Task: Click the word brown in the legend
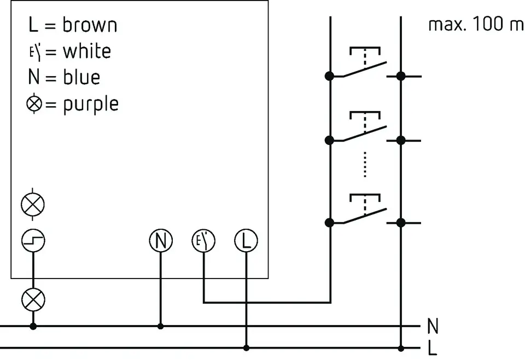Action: (x=90, y=25)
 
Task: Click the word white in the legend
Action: (x=86, y=51)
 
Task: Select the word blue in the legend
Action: (x=81, y=77)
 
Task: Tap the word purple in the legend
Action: (x=91, y=103)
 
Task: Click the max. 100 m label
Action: (x=475, y=25)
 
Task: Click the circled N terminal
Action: (x=160, y=241)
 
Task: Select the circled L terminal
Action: (x=246, y=241)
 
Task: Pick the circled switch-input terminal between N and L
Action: (x=203, y=241)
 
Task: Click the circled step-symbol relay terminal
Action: (x=33, y=241)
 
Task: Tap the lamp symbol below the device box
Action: (x=33, y=299)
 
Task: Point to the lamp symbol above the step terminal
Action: (x=33, y=205)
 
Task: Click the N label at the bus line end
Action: (x=433, y=327)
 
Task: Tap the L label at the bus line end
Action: (x=433, y=348)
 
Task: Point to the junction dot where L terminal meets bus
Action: (x=246, y=347)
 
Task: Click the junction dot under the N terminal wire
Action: (x=160, y=326)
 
